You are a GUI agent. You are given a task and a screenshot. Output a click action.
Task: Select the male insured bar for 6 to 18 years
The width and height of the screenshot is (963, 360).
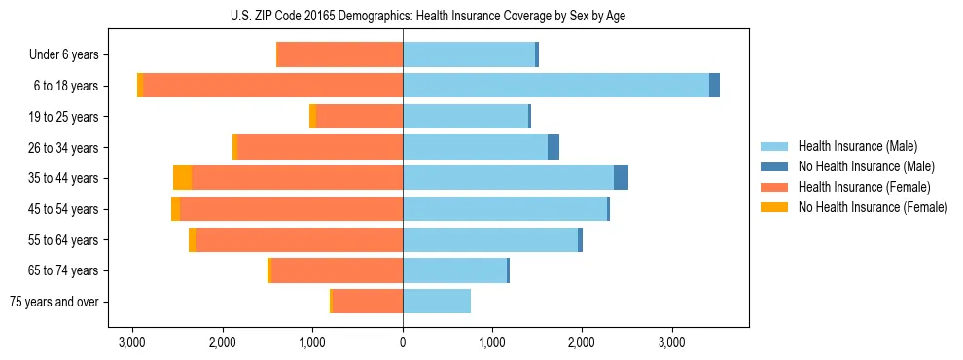555,86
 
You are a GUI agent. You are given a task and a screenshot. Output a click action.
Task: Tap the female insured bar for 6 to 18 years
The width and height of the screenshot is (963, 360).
273,86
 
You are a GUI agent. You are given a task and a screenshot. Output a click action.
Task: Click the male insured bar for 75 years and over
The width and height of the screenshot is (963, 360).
437,302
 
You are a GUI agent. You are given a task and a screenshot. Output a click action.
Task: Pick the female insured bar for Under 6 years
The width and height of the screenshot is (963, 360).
339,54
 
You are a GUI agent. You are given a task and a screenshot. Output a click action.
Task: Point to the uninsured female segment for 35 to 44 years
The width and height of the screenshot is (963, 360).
182,178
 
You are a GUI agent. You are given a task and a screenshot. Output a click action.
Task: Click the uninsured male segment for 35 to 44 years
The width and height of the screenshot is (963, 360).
621,178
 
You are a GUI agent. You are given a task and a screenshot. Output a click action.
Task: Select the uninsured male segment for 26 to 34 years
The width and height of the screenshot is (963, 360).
553,147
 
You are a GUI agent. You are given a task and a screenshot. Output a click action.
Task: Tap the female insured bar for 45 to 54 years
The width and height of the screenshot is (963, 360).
291,209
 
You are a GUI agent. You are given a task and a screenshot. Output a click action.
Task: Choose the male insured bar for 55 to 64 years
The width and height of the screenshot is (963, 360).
490,239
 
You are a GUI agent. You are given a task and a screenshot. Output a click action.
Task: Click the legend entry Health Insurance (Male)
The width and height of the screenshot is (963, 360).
857,146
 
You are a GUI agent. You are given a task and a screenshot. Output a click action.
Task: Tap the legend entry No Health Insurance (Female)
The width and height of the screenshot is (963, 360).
873,207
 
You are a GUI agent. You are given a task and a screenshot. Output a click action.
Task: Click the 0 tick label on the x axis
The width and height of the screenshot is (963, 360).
403,342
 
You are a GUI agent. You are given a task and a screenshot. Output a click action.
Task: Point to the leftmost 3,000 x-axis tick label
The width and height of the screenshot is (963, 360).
132,342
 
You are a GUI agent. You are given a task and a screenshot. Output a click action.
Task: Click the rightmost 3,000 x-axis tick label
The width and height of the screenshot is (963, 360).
672,342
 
